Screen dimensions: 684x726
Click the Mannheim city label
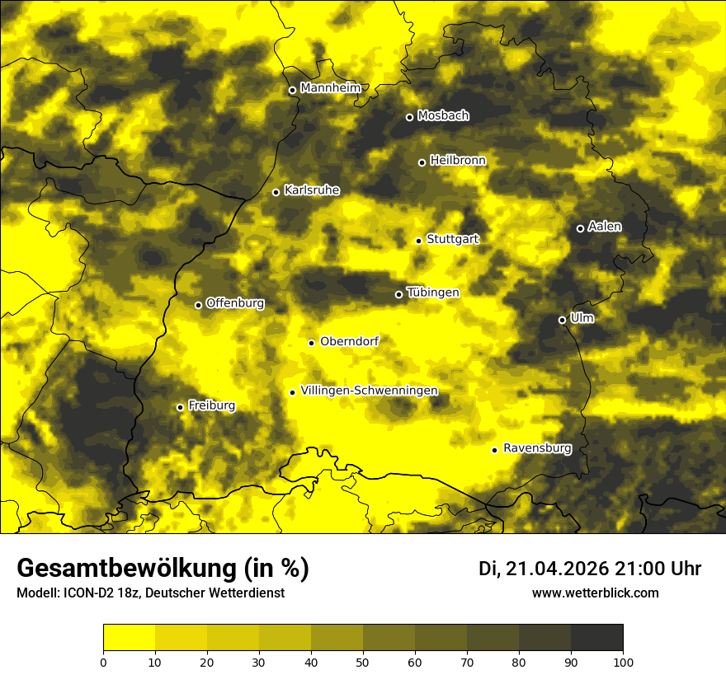click(330, 88)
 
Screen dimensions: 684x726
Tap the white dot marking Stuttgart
click(418, 241)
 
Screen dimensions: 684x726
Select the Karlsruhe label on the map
click(311, 190)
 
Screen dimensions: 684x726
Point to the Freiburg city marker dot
click(180, 407)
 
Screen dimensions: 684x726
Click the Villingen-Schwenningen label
click(369, 391)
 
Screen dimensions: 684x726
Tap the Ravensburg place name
click(537, 448)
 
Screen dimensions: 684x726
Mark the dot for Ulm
click(562, 320)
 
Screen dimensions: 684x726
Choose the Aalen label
click(605, 227)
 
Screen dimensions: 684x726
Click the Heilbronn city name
click(458, 161)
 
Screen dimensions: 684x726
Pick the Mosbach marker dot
click(409, 117)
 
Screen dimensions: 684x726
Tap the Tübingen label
click(433, 293)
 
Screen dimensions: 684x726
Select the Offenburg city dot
click(198, 305)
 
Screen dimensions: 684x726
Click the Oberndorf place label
click(349, 341)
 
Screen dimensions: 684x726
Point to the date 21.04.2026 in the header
click(557, 569)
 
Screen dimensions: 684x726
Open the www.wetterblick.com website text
click(595, 593)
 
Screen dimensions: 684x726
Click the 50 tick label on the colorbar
click(363, 661)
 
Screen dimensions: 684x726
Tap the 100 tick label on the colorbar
click(623, 661)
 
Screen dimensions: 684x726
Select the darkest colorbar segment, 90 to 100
click(596, 637)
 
